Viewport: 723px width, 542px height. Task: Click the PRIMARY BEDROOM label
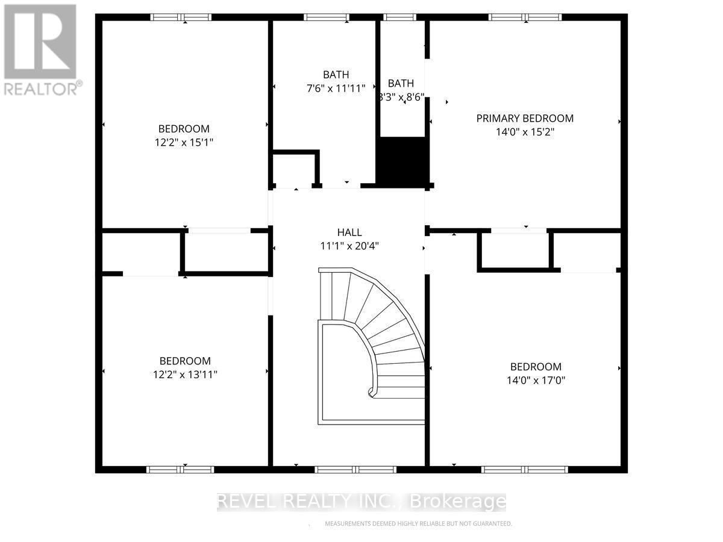coord(525,119)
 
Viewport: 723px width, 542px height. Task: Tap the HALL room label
coord(349,232)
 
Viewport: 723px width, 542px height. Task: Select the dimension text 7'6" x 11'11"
coord(336,89)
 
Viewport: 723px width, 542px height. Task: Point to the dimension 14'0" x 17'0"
coord(536,381)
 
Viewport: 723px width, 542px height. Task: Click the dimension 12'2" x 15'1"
coord(184,143)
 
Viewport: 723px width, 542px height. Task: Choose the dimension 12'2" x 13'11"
coord(184,375)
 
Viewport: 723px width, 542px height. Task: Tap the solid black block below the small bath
coord(402,160)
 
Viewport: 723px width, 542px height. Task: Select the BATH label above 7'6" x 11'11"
coord(336,75)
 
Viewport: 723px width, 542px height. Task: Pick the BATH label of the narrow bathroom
coord(401,83)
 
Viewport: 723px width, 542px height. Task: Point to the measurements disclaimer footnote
coord(418,524)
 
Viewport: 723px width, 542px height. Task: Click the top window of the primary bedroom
coord(525,17)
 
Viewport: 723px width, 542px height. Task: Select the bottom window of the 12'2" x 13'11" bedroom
coord(180,469)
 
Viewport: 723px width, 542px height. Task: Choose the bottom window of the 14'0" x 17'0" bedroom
coord(526,469)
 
